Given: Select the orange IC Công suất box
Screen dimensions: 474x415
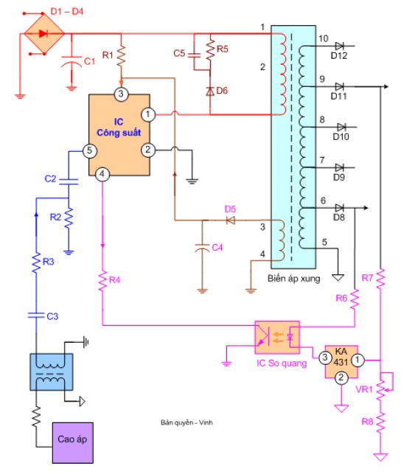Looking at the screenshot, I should point(119,136).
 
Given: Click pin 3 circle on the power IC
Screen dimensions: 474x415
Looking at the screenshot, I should point(122,94).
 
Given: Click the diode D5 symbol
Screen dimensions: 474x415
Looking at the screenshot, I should point(230,220).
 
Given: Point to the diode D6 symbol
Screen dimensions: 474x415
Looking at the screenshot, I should point(210,91).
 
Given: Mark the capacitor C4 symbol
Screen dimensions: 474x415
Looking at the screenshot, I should point(201,248).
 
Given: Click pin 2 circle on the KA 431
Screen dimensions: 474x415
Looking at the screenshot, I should point(341,379).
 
